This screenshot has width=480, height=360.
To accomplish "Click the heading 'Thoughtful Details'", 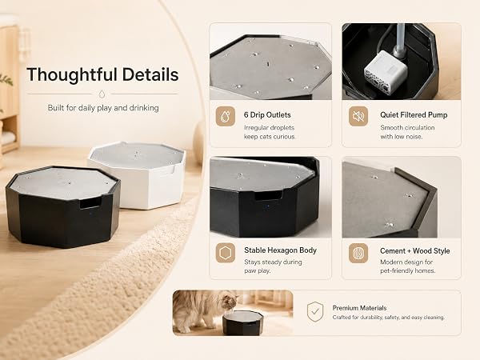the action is coord(102,74).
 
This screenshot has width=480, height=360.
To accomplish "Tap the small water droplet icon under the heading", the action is coord(102,94).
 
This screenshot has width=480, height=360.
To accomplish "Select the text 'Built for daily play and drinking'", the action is coord(103,108).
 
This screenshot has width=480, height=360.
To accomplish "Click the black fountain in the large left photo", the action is coord(62,206).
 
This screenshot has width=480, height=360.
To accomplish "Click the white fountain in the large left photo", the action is coord(138,174).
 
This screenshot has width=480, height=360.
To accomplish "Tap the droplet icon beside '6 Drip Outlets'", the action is coord(226,116).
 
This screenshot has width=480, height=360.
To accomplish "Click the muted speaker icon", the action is coord(358,116).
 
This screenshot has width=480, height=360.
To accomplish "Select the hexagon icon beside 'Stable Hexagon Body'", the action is coord(226,253).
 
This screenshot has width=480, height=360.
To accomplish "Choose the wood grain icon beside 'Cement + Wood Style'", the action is coord(358,253).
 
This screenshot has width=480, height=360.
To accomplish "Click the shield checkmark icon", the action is coord(315,312).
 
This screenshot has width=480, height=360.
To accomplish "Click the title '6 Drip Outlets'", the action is coord(267,115).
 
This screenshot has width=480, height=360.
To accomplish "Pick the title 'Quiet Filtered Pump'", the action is coord(414,115).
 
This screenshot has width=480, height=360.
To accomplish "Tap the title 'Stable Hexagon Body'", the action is coord(281,250).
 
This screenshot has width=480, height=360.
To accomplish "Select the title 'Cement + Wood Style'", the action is coord(415,251).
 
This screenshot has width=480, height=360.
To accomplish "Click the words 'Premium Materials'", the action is coord(360,308).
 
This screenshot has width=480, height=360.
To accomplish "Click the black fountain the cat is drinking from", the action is coord(242,323).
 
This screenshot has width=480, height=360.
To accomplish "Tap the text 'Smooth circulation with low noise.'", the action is coord(407,132).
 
